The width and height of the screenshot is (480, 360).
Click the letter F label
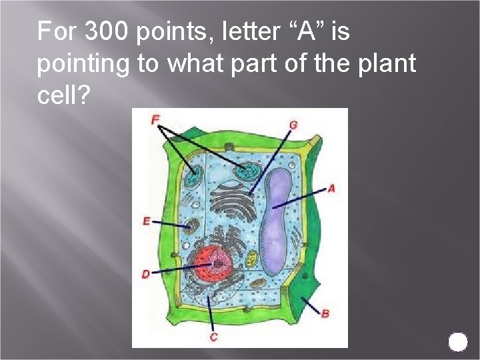(155, 119)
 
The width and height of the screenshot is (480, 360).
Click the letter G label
(293, 124)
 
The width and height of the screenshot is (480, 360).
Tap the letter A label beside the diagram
(331, 189)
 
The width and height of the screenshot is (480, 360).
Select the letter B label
(325, 313)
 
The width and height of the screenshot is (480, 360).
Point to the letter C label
(213, 337)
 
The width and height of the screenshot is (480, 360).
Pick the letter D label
(146, 274)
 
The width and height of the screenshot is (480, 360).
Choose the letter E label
(146, 221)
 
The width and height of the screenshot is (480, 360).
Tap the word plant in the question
(390, 64)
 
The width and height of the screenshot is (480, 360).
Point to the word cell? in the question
(64, 97)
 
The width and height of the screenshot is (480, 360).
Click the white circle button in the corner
(458, 342)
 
